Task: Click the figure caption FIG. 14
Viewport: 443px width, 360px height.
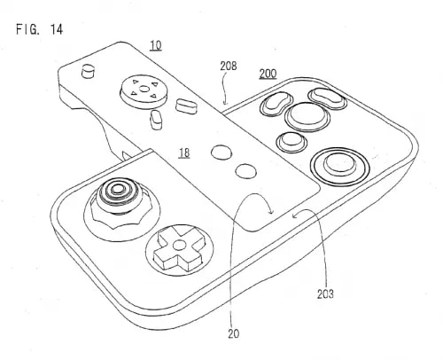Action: [x=39, y=29]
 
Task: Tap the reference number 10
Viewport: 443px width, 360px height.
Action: [x=156, y=46]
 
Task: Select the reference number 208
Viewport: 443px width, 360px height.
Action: [x=228, y=66]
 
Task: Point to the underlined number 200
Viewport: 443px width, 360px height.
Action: [x=268, y=74]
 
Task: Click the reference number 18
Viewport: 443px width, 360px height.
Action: [x=184, y=153]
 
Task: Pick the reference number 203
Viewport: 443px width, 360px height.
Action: [x=325, y=294]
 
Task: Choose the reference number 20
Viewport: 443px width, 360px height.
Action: [x=233, y=333]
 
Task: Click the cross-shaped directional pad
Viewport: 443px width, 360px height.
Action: [x=178, y=247]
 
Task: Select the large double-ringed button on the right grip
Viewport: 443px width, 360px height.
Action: [x=340, y=166]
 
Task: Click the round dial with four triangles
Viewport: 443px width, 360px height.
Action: [x=144, y=91]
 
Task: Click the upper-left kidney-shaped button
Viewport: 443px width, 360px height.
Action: [x=276, y=103]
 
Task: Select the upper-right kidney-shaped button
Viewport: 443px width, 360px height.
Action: [x=327, y=98]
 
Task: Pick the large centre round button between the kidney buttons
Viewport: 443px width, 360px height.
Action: [x=307, y=116]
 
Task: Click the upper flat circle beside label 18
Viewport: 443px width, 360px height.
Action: [x=221, y=153]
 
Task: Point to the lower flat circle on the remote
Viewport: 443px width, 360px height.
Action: [x=245, y=171]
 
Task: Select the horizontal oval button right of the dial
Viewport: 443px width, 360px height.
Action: [x=186, y=106]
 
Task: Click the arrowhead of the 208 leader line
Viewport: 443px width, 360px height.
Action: [x=225, y=103]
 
